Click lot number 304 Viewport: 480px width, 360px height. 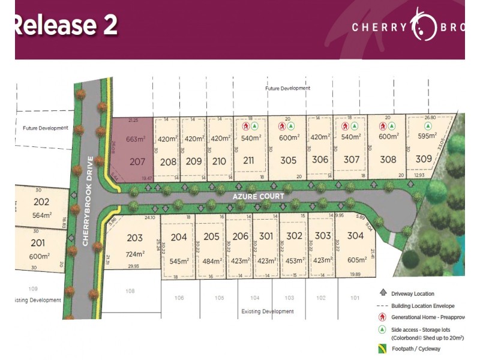[355, 236]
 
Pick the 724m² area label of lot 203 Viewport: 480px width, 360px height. [136, 254]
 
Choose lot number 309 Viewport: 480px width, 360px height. [424, 160]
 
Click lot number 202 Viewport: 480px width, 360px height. [41, 202]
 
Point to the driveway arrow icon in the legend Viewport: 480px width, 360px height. [382, 293]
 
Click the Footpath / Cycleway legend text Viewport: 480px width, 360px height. [416, 349]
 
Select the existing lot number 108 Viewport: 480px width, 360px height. [130, 291]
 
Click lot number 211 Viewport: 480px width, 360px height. [249, 160]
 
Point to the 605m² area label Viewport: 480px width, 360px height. [356, 261]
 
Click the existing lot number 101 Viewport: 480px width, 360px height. [355, 298]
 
